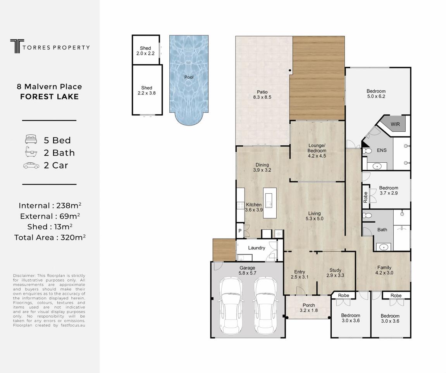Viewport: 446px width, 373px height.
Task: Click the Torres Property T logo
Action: point(17,46)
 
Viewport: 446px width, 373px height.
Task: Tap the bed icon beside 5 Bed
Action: point(31,139)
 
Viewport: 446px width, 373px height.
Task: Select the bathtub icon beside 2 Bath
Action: point(31,152)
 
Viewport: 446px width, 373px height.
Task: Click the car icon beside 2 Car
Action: point(31,165)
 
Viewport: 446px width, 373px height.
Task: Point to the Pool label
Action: point(189,77)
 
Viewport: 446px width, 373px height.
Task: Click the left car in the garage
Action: point(231,306)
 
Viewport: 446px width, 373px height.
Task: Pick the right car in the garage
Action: point(265,306)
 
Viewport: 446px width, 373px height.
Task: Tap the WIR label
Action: point(395,124)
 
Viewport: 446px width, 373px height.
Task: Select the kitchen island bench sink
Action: point(269,200)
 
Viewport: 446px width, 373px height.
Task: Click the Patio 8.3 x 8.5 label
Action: point(262,95)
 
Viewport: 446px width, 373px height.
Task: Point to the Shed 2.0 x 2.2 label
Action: point(145,51)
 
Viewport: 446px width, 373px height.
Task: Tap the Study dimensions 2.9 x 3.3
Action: point(335,275)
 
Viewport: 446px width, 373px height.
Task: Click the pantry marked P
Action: point(240,230)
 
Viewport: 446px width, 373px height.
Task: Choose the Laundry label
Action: point(257,248)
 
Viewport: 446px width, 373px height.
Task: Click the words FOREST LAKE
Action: point(50,97)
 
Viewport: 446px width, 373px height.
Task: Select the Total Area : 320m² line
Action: point(50,237)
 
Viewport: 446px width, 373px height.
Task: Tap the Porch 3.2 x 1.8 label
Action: point(308,308)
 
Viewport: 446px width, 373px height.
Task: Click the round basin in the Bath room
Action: point(384,248)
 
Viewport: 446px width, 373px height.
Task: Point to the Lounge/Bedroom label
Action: point(317,148)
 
